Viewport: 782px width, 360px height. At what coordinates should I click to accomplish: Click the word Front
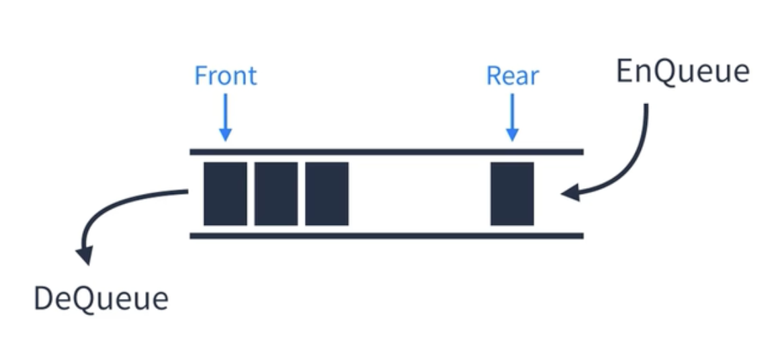[225, 75]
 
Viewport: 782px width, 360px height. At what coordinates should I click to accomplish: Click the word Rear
[512, 76]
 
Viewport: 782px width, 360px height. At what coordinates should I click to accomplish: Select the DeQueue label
[101, 299]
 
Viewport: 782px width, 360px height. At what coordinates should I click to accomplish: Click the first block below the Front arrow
[225, 193]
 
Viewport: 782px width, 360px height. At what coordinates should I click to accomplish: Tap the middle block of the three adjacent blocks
[275, 193]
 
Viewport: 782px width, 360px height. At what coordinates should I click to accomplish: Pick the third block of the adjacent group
[327, 193]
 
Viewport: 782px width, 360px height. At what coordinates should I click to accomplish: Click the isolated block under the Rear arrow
[512, 193]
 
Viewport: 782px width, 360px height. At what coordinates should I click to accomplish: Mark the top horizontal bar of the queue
[386, 152]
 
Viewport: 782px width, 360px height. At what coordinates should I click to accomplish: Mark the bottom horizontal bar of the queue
[386, 236]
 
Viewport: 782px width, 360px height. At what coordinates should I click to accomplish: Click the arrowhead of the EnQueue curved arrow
[569, 194]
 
